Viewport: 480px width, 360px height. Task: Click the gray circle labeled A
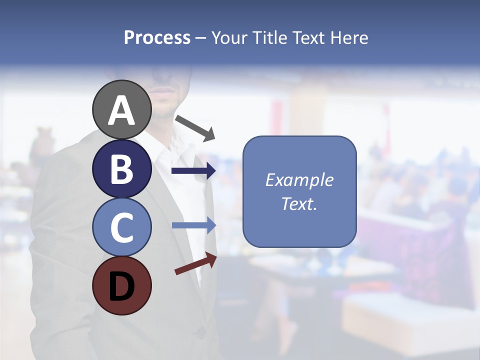point(122,109)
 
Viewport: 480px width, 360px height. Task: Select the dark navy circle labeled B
point(122,168)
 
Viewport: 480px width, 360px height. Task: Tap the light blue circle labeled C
point(122,227)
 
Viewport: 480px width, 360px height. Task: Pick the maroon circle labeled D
point(122,285)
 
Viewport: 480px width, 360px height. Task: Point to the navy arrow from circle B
point(193,171)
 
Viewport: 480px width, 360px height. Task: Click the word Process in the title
point(157,37)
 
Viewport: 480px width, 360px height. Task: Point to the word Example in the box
point(299,180)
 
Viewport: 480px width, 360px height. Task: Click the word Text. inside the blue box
point(299,203)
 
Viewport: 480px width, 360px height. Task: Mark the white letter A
point(122,110)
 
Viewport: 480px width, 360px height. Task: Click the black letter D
point(122,286)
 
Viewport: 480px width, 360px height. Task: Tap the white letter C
point(122,227)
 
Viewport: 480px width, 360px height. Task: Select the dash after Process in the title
point(201,38)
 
